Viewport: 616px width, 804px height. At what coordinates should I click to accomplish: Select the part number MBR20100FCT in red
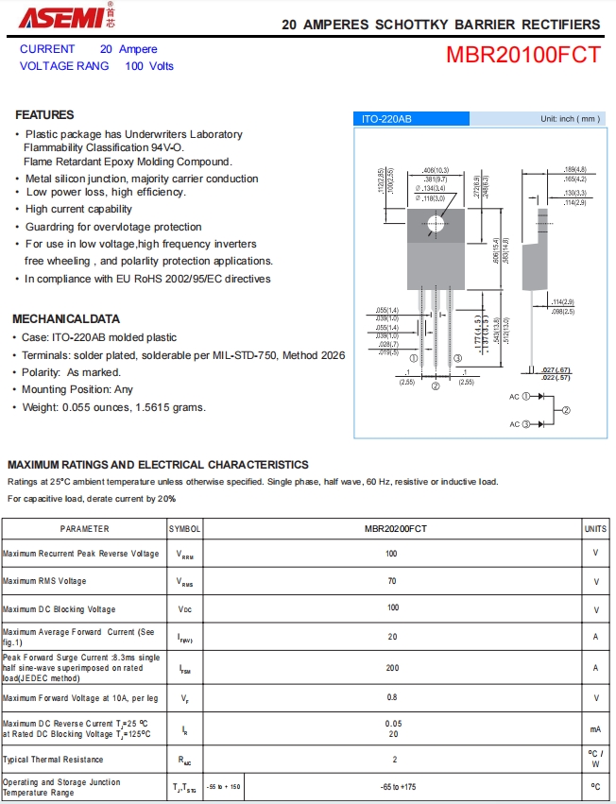coord(522,55)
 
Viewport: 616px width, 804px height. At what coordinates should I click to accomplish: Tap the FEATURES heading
coord(44,114)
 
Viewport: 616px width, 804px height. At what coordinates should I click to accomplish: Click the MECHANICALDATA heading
coord(66,318)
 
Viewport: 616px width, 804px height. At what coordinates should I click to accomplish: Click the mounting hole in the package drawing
coord(436,224)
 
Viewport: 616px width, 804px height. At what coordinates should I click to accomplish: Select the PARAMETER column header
coord(85,529)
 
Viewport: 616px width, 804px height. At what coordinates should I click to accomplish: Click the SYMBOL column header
coord(185,529)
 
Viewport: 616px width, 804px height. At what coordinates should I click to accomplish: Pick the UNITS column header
coord(595,529)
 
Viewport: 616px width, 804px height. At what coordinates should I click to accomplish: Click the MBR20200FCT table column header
coord(392,529)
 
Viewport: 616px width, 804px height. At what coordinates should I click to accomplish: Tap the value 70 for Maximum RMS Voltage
coord(392,581)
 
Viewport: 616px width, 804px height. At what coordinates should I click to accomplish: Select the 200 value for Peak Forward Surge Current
coord(392,667)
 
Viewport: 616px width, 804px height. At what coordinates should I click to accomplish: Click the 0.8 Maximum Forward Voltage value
coord(392,698)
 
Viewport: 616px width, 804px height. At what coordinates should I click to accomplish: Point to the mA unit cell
coord(595,729)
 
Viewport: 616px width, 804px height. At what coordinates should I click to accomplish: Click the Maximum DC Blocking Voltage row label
coord(60,609)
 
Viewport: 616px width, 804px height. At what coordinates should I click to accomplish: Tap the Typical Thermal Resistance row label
coord(53,760)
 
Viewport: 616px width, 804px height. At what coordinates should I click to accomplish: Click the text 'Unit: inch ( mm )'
coord(570,119)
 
